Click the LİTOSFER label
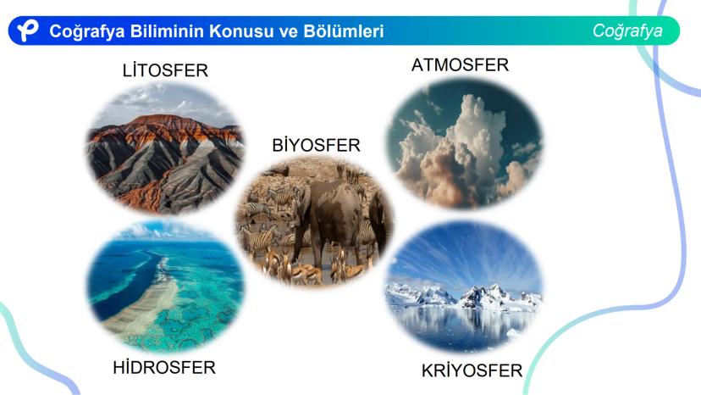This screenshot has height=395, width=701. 165,70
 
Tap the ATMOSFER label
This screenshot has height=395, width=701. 460,65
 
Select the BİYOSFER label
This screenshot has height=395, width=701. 316,145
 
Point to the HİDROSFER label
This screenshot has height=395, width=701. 164,368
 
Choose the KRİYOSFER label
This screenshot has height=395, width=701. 472,370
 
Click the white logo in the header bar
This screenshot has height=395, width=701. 28,31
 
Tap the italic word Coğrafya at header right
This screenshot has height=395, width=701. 627,31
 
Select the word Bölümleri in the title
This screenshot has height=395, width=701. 344,31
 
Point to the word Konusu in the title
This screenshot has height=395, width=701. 241,31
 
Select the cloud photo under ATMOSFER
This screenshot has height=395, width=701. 465,144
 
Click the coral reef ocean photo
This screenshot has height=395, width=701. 165,287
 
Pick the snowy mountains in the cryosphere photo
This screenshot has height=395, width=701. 465,297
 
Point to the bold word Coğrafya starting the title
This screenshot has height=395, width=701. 86,31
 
